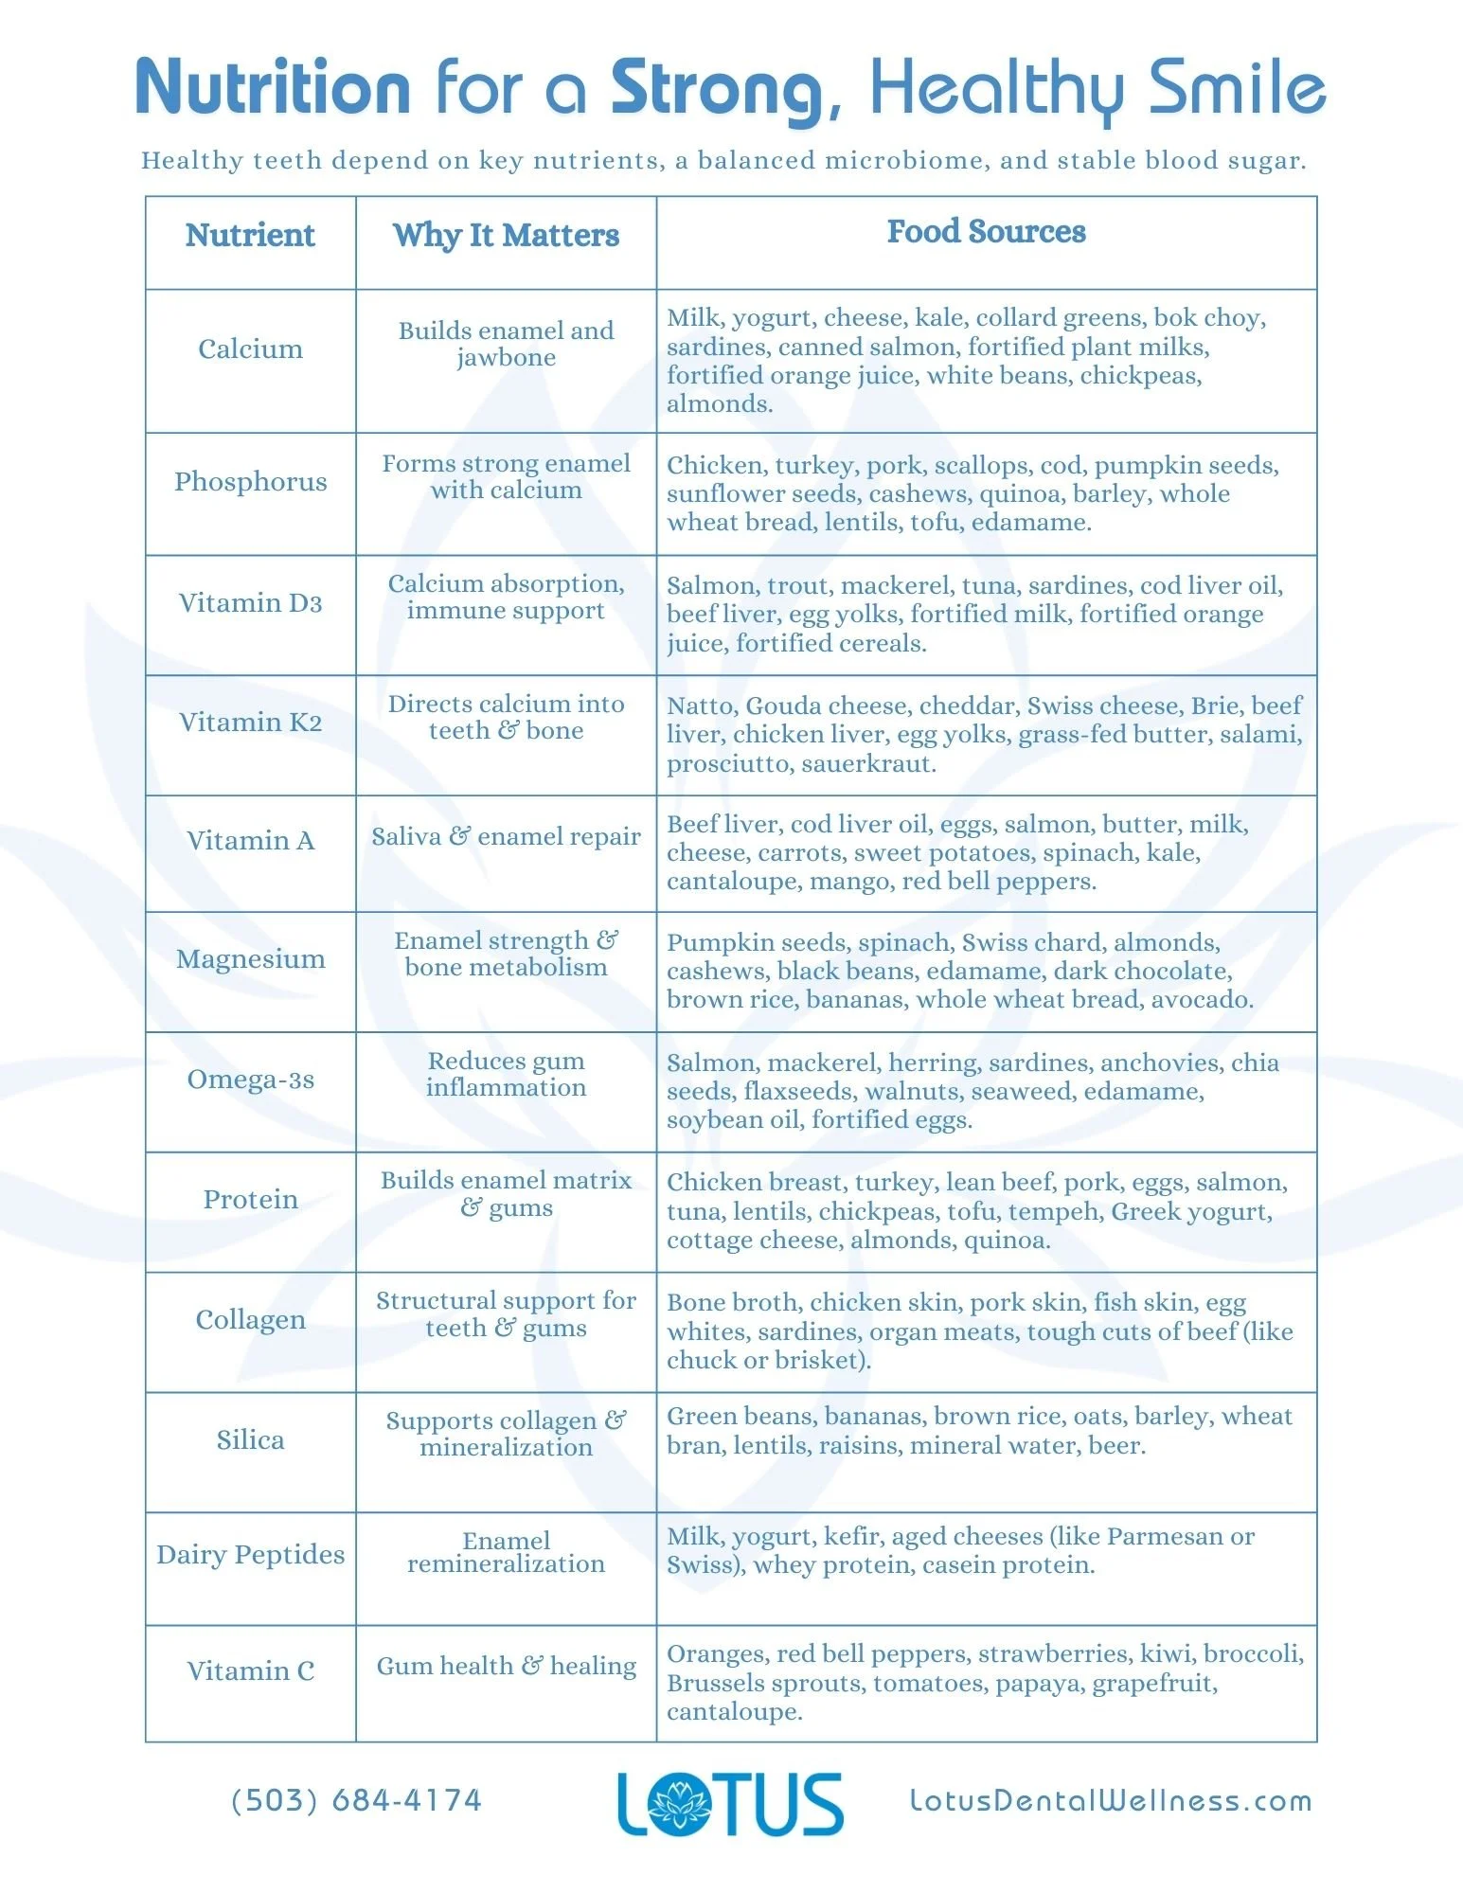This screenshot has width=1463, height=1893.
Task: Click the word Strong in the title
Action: [718, 88]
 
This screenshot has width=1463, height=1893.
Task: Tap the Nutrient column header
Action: [250, 235]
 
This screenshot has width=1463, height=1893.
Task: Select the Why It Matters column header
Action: [506, 235]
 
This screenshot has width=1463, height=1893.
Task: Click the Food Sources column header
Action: [986, 231]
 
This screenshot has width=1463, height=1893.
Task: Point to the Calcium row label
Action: [250, 349]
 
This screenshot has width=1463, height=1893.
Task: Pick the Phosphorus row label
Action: [250, 482]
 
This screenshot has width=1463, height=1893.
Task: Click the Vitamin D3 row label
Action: [250, 603]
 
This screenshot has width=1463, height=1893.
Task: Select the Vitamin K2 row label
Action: [250, 723]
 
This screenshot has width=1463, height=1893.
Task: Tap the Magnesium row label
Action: [250, 959]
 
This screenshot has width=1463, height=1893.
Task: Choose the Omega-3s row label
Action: [250, 1080]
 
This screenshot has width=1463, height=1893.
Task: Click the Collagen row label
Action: [250, 1320]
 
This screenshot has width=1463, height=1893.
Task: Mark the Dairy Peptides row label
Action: [250, 1555]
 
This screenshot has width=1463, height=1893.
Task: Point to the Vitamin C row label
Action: [250, 1671]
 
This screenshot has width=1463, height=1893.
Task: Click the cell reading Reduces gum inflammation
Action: [506, 1075]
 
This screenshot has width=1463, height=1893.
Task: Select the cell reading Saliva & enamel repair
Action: [506, 837]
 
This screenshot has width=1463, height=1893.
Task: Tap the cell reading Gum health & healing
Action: [506, 1667]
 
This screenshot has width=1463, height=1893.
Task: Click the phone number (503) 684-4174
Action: [357, 1800]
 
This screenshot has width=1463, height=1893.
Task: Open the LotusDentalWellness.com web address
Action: [1111, 1801]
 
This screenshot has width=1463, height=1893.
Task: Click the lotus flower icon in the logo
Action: [678, 1805]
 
